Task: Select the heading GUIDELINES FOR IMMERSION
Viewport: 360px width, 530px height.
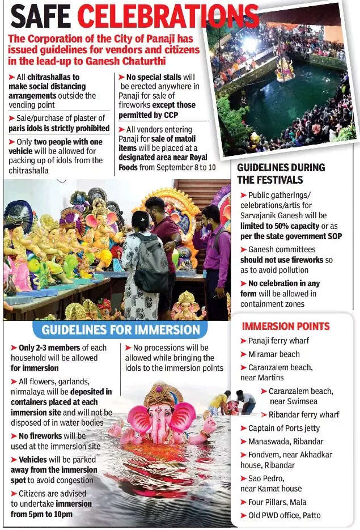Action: point(120,329)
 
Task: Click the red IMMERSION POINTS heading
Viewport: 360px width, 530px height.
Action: point(285,326)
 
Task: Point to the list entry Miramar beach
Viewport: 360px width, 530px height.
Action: point(274,354)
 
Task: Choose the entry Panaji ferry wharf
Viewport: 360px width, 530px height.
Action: point(278,341)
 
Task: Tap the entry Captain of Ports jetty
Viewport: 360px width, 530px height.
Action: point(283,428)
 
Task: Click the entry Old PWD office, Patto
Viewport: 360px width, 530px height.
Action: point(284,515)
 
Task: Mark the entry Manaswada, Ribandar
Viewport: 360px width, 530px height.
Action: point(286,441)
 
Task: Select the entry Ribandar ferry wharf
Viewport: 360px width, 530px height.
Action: point(304,414)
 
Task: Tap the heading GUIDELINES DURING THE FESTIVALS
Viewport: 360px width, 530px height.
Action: point(281,173)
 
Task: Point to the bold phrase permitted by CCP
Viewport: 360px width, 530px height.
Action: point(149,115)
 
